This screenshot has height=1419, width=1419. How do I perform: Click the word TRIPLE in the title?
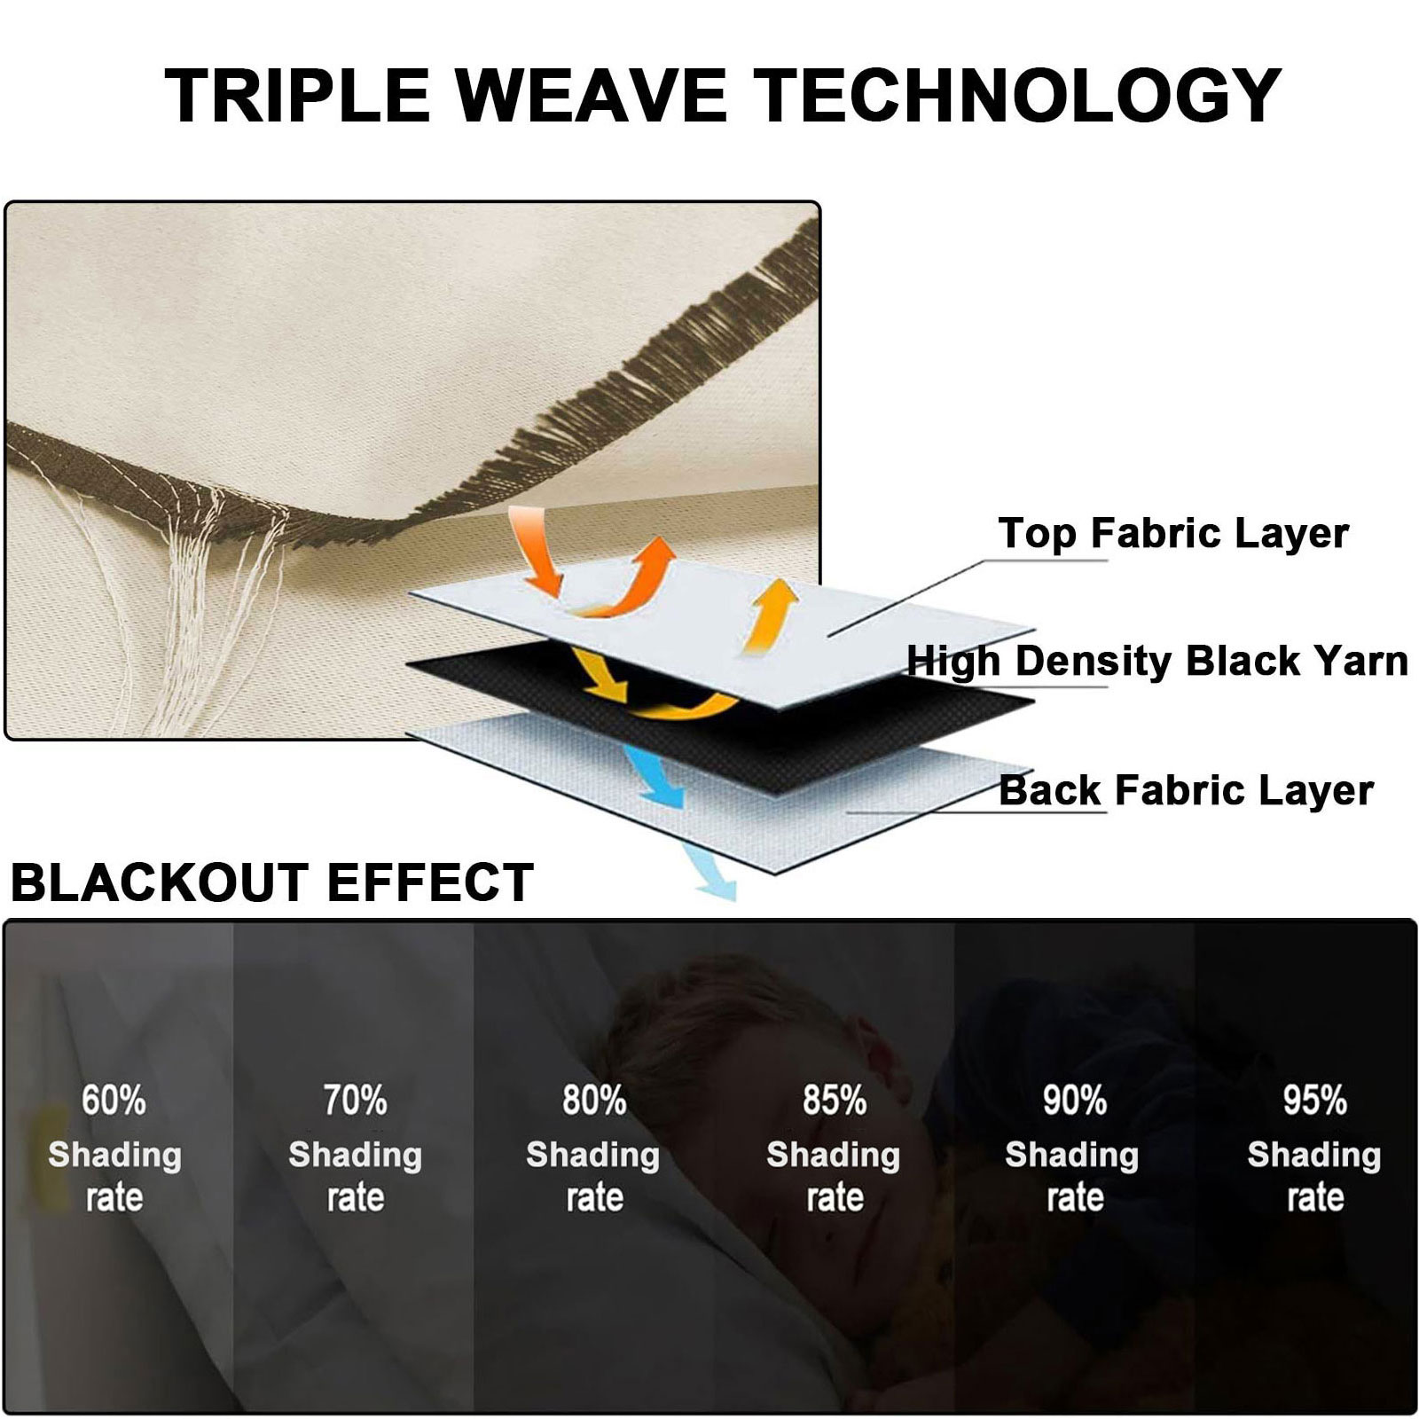coord(297,95)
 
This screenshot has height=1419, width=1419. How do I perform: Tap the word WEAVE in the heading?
coord(591,95)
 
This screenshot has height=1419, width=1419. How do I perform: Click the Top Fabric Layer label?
coord(1173,533)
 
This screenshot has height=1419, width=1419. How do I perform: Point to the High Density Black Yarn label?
coord(1157,661)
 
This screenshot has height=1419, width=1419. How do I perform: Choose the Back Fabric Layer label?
coord(1186,789)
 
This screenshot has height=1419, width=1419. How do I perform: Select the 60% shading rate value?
coord(114,1101)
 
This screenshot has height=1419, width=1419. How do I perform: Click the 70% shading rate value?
coord(355,1101)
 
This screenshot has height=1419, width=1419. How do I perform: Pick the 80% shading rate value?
coord(594,1101)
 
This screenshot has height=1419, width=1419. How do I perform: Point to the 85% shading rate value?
coord(835,1101)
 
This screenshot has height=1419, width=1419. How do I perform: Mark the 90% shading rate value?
coord(1074,1101)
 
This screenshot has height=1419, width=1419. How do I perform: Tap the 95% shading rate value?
coord(1315,1101)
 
